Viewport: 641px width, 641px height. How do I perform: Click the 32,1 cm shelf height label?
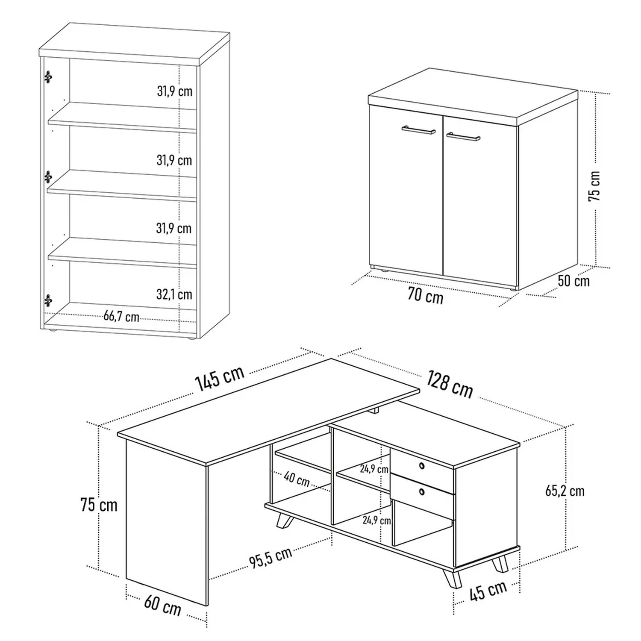[x=174, y=294]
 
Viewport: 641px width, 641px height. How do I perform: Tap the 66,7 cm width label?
[x=121, y=317]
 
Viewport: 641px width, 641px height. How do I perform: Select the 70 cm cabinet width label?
[x=425, y=295]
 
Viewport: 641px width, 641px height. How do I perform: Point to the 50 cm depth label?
[x=573, y=281]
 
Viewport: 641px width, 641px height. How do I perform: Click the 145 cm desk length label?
[x=220, y=378]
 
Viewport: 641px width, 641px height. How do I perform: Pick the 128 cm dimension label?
[x=450, y=384]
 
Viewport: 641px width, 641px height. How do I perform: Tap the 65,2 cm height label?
[x=565, y=491]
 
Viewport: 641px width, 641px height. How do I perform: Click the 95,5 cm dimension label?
[x=271, y=557]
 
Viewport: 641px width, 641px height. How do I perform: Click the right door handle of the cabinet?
[x=463, y=136]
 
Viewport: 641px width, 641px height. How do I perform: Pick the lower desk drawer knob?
[x=422, y=492]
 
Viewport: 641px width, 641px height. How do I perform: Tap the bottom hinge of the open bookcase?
[x=48, y=301]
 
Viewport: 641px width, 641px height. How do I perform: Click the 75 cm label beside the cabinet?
[x=594, y=186]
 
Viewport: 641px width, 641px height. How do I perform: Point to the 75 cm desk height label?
[x=99, y=505]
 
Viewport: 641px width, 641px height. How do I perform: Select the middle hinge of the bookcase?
[x=48, y=177]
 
